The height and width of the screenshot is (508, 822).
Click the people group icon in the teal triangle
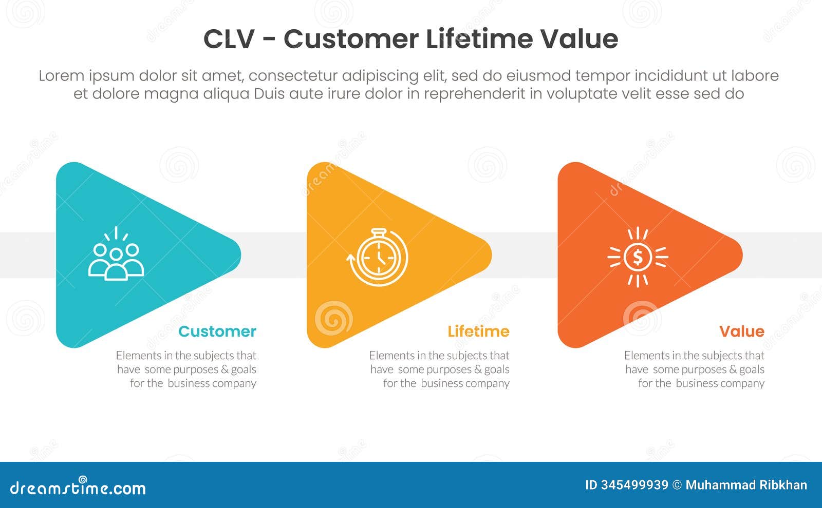pyautogui.click(x=116, y=256)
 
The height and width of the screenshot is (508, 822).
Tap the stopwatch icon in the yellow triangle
pyautogui.click(x=378, y=257)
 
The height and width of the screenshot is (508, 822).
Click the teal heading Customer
pyautogui.click(x=217, y=331)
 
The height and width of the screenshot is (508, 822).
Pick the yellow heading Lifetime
pyautogui.click(x=478, y=331)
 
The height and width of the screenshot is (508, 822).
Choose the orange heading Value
pyautogui.click(x=741, y=331)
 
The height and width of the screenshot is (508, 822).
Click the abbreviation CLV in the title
pyautogui.click(x=229, y=40)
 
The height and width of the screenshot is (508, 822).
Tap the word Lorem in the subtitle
pyautogui.click(x=61, y=76)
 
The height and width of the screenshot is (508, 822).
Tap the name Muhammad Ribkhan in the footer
pyautogui.click(x=746, y=485)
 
